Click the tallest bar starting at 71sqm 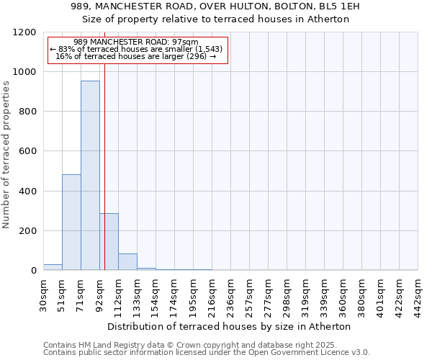coord(90,176)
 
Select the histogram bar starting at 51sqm coord(71,222)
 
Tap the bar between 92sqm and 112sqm coord(109,242)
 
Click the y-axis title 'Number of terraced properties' coord(7,155)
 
